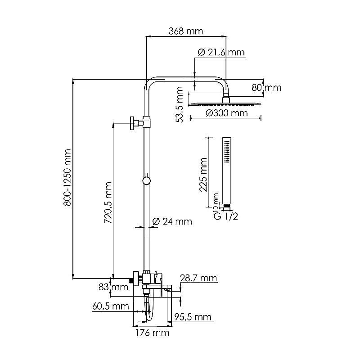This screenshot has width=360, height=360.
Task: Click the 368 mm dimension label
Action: click(x=186, y=31)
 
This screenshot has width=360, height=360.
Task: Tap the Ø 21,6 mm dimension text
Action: click(x=221, y=53)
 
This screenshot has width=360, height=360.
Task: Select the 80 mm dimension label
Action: click(x=266, y=88)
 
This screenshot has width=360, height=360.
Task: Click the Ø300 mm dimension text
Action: click(x=227, y=113)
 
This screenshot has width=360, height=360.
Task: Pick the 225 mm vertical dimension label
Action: click(x=203, y=175)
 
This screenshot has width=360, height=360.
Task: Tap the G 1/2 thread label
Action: click(x=225, y=216)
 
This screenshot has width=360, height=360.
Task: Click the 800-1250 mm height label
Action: click(x=68, y=177)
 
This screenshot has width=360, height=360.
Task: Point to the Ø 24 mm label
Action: click(x=172, y=221)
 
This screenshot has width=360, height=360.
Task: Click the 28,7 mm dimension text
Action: click(x=198, y=279)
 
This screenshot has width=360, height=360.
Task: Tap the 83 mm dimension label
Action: click(x=107, y=287)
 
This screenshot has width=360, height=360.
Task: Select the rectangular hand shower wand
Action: click(x=227, y=169)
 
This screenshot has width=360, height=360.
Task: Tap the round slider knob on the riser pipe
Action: click(x=146, y=181)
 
